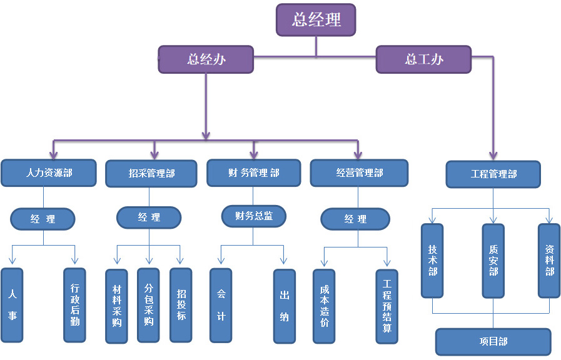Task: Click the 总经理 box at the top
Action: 316,19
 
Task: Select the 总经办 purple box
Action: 206,59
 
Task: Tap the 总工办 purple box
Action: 423,59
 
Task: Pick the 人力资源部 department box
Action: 49,172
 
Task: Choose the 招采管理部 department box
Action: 152,174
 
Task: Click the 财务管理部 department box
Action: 254,172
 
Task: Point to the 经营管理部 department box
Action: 359,172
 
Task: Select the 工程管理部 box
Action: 493,174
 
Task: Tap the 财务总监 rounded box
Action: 254,216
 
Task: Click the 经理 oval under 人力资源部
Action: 43,219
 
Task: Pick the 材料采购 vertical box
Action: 117,306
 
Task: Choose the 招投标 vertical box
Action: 181,305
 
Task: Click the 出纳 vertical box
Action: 285,306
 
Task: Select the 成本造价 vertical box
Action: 324,306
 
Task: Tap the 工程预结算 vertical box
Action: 387,306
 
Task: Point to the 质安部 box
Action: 493,260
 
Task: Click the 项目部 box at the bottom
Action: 493,342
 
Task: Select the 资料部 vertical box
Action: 550,260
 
